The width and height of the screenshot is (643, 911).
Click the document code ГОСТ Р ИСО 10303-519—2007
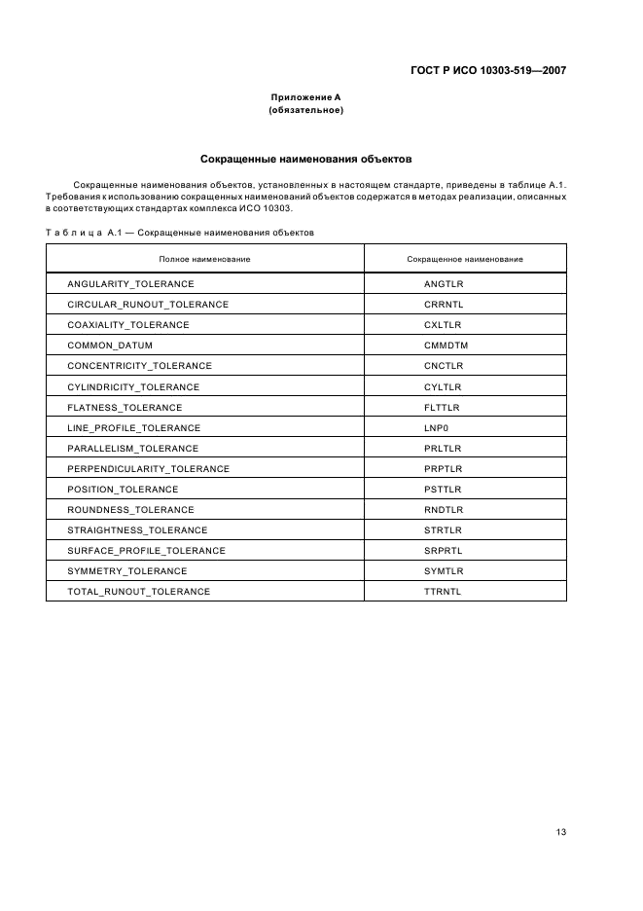[x=487, y=70]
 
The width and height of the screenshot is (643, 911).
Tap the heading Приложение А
[x=305, y=97]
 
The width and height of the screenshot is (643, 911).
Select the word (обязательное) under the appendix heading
[x=305, y=111]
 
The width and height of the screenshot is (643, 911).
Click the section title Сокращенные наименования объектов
[x=305, y=158]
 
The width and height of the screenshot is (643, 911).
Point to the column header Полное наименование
[x=204, y=259]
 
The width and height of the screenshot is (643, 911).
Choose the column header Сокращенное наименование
[x=464, y=259]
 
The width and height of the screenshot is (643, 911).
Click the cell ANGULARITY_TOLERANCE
[x=130, y=284]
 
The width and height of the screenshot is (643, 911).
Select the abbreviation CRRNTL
[x=444, y=305]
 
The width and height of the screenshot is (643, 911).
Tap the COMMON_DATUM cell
[x=110, y=346]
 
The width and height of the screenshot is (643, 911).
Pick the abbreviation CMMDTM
[x=446, y=346]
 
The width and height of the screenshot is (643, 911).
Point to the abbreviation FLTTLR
[x=443, y=407]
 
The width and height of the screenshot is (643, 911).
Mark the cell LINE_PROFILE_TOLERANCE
[x=133, y=427]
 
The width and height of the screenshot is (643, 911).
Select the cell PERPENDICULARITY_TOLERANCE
[x=148, y=468]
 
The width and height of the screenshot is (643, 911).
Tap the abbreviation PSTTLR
[x=443, y=489]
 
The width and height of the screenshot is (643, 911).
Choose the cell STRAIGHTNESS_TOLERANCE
[x=137, y=529]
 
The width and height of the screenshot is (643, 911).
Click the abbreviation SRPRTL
[x=444, y=550]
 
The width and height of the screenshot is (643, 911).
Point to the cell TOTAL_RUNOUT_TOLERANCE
[x=138, y=591]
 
